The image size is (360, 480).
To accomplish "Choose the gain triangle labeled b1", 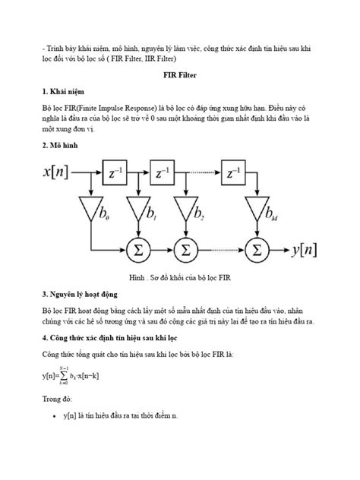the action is (137, 209).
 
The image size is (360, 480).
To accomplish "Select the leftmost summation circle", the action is (138, 248).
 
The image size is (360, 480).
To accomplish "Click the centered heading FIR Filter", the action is (179, 77).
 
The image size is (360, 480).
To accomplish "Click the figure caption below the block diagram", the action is (179, 277).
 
